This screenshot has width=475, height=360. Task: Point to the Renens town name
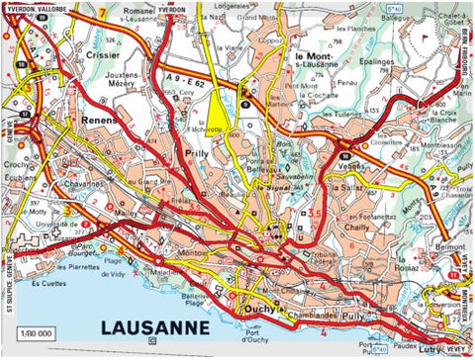(x=100, y=120)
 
